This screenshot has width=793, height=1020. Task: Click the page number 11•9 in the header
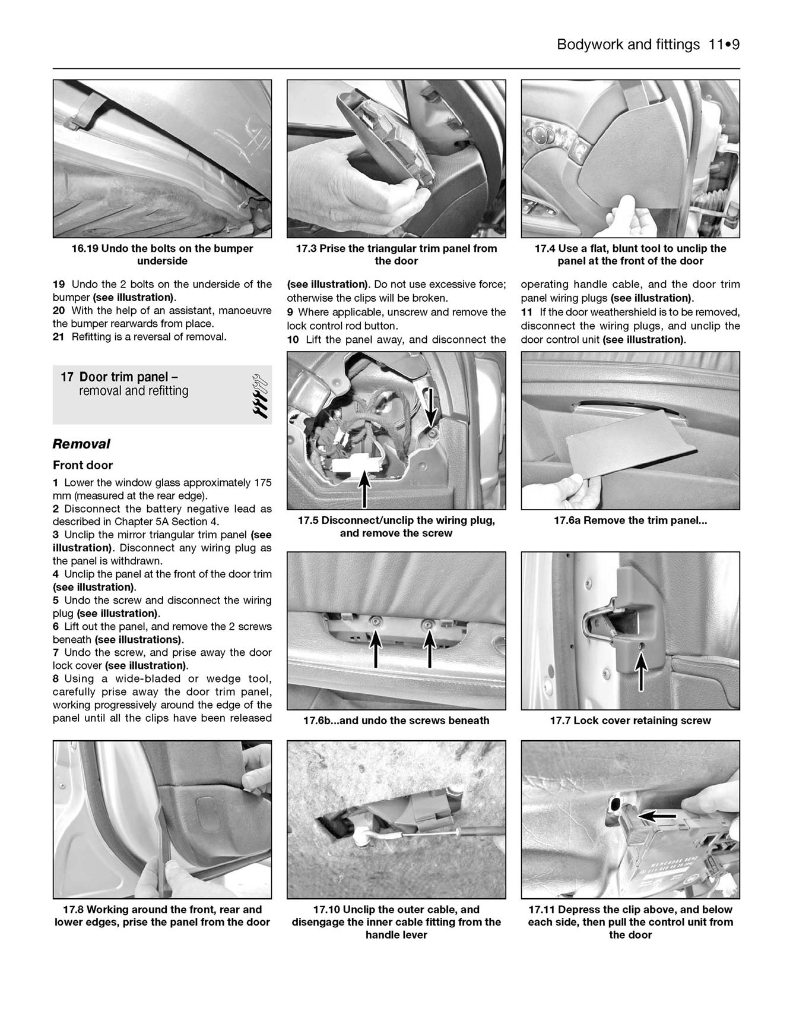(724, 45)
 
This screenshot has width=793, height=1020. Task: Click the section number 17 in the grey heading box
(66, 377)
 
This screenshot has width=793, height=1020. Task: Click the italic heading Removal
(81, 444)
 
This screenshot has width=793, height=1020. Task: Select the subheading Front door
(83, 465)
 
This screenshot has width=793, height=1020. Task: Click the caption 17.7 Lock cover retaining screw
(630, 721)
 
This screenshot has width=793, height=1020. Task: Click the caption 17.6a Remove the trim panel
(630, 520)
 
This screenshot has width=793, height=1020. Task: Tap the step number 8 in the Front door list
(56, 678)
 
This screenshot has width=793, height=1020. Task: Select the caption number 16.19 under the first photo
(84, 248)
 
